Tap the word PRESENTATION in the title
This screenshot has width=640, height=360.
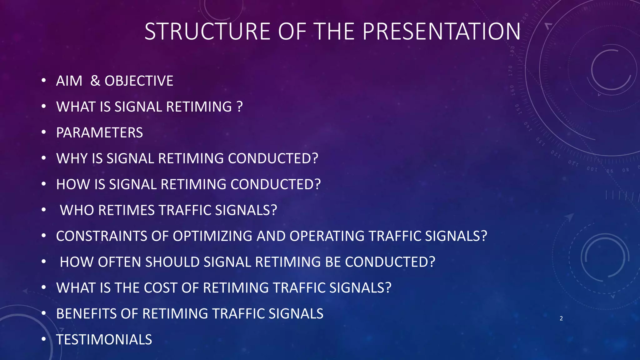(442, 32)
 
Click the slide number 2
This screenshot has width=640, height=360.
(561, 318)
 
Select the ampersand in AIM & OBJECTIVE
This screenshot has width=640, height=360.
(95, 81)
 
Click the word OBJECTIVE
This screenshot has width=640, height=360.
(139, 81)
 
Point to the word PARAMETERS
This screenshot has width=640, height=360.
(99, 133)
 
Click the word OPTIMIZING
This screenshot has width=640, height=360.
(212, 236)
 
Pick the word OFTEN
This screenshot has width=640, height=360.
(120, 262)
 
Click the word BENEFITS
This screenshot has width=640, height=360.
(87, 314)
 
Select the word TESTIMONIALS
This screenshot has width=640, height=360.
(104, 340)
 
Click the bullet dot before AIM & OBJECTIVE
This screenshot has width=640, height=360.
(44, 81)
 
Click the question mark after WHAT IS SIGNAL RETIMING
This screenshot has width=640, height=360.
(240, 107)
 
